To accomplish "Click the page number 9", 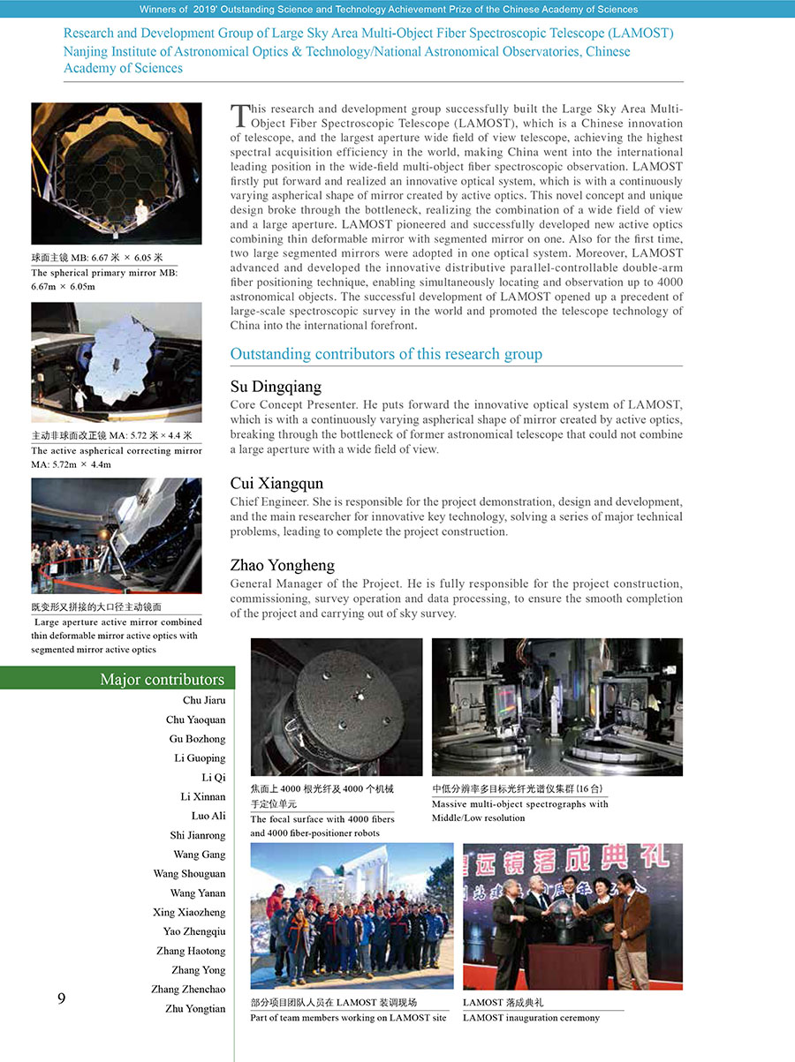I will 61,998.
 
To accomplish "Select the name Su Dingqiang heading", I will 276,387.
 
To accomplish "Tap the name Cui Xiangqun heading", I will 276,484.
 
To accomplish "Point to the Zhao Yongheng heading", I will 282,565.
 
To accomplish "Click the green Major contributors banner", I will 117,679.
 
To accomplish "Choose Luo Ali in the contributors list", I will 208,816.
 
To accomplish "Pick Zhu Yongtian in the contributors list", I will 195,1008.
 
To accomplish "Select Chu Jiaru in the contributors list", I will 204,700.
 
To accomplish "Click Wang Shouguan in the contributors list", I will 189,874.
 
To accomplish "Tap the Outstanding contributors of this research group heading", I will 386,354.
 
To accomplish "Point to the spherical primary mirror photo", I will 116,173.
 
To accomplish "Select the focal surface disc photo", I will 337,707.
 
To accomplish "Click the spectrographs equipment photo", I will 556,707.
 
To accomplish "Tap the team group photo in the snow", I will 352,915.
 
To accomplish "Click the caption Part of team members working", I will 348,1018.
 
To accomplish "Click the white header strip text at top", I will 389,10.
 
